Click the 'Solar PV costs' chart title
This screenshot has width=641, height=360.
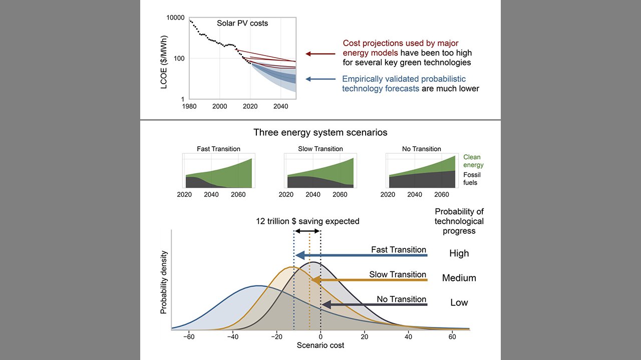point(242,24)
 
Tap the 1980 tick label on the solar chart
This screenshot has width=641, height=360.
point(189,107)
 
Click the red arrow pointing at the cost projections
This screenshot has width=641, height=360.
point(320,54)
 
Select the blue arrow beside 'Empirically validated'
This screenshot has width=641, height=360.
point(320,79)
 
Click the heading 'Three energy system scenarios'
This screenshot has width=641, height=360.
point(320,133)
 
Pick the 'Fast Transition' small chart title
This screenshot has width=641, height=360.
point(218,149)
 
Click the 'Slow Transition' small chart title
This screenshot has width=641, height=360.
point(320,149)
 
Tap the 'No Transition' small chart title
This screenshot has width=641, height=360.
point(422,149)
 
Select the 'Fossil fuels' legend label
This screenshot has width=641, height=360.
point(470,179)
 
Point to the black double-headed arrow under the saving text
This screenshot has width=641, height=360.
point(307,231)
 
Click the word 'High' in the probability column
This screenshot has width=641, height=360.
point(459,253)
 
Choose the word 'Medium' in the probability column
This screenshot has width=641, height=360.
point(459,278)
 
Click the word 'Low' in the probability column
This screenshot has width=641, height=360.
point(459,302)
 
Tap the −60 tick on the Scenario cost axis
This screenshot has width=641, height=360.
point(188,336)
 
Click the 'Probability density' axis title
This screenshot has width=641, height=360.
point(164,282)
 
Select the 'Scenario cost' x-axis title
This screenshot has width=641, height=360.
point(320,345)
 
